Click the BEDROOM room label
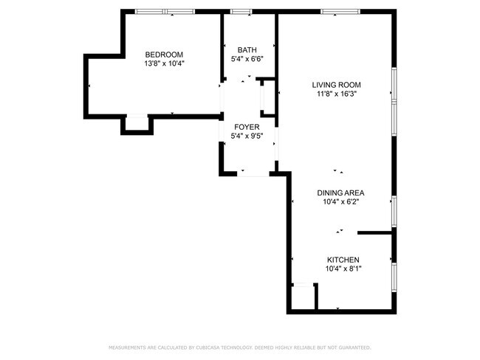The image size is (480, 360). click(164, 55)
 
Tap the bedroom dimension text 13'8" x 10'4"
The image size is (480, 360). click(164, 63)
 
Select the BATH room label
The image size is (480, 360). click(247, 50)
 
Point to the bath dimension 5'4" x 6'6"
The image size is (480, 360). click(247, 59)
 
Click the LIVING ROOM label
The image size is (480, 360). click(342, 85)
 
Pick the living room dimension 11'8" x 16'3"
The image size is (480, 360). click(342, 94)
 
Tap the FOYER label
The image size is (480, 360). click(247, 127)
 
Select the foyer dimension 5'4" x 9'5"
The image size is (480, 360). click(247, 136)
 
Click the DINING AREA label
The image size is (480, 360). click(341, 193)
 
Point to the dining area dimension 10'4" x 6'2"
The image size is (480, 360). click(341, 202)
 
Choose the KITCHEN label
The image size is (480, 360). click(343, 260)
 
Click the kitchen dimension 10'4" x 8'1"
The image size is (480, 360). click(343, 269)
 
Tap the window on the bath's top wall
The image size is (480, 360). click(241, 12)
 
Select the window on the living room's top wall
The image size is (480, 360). click(340, 12)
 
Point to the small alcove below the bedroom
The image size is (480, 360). click(137, 123)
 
